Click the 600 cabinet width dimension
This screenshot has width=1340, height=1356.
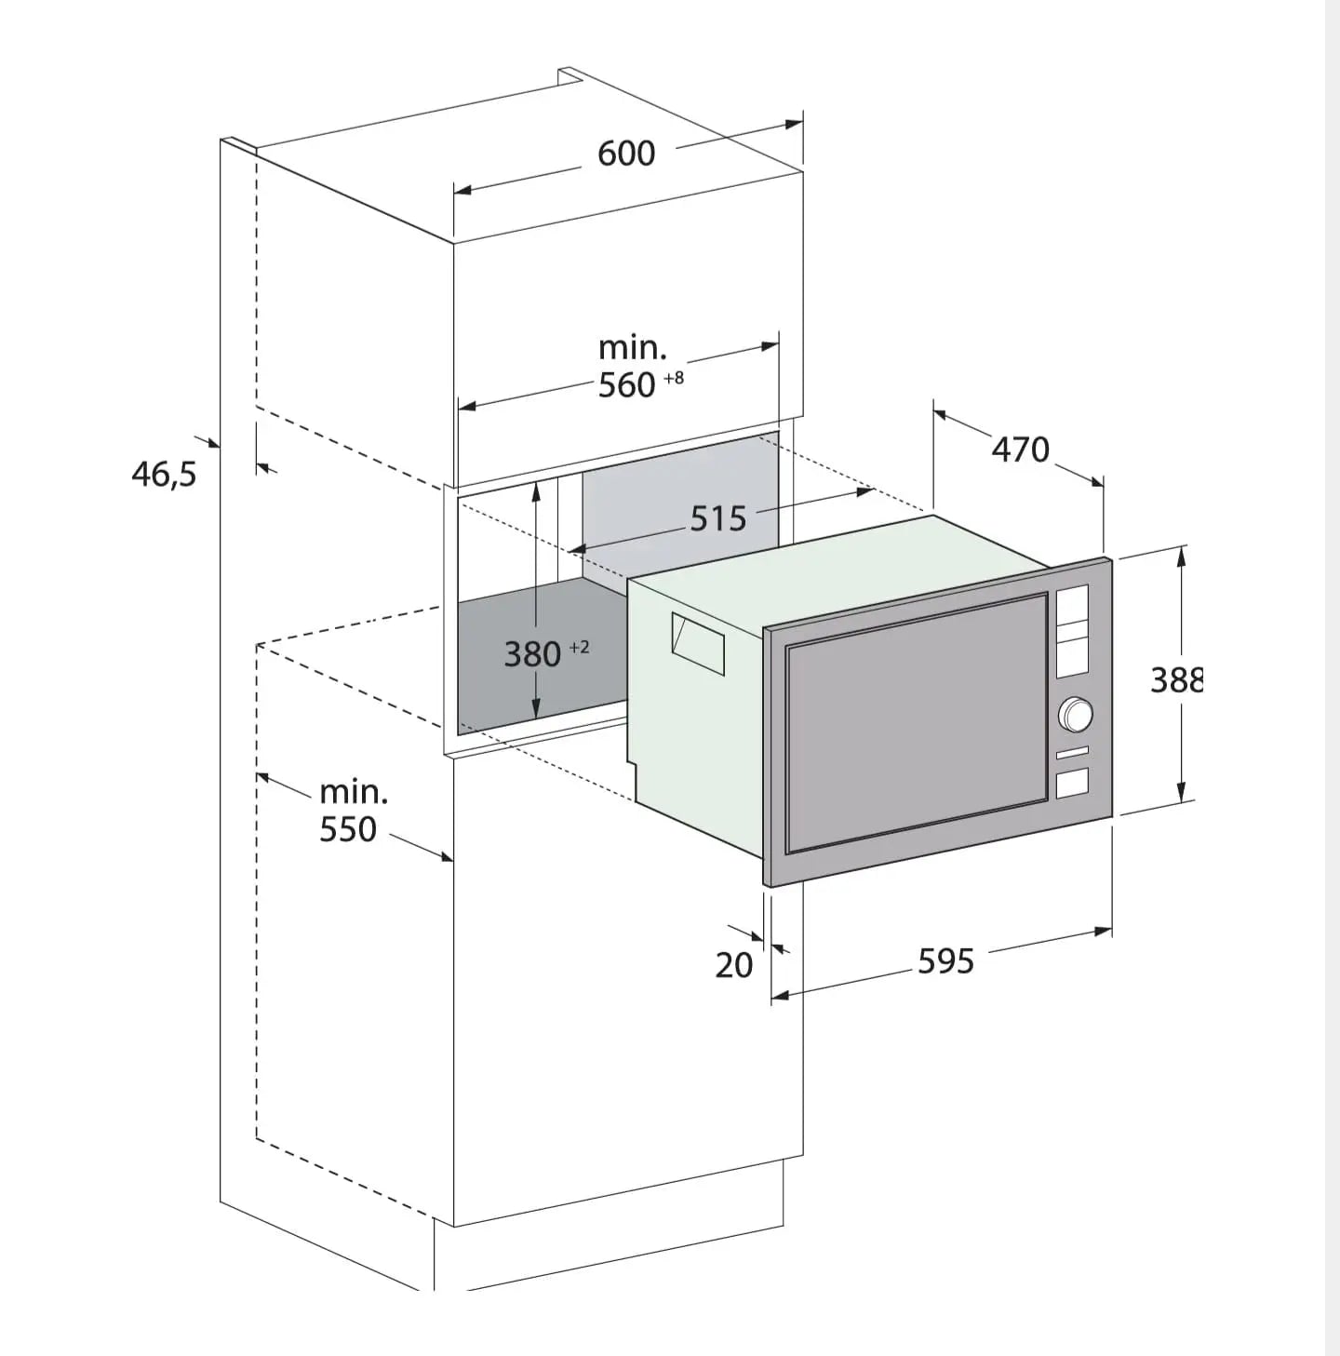pyautogui.click(x=625, y=154)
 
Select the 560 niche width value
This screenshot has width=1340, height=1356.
pyautogui.click(x=626, y=385)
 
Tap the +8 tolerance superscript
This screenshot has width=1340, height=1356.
pyautogui.click(x=674, y=378)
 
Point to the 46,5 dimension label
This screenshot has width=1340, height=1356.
pyautogui.click(x=164, y=475)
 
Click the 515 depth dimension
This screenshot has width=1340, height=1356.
pyautogui.click(x=717, y=518)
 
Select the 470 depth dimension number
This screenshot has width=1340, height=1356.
pyautogui.click(x=1021, y=450)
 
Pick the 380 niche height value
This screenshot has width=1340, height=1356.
pyautogui.click(x=532, y=654)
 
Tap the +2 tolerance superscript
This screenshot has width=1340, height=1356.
pyautogui.click(x=579, y=647)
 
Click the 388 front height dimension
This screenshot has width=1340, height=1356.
pyautogui.click(x=1177, y=679)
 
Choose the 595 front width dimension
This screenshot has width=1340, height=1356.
pyautogui.click(x=945, y=961)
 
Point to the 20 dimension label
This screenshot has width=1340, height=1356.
pyautogui.click(x=734, y=965)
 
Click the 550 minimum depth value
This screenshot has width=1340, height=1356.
pyautogui.click(x=348, y=829)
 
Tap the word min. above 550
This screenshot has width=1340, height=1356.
pyautogui.click(x=354, y=792)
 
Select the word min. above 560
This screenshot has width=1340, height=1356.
pyautogui.click(x=632, y=348)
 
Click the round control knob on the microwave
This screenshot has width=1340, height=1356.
pyautogui.click(x=1076, y=714)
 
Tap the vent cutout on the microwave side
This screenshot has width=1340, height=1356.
pyautogui.click(x=698, y=643)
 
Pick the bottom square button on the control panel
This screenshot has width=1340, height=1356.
pyautogui.click(x=1073, y=784)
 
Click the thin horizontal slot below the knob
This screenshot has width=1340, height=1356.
pyautogui.click(x=1073, y=753)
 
